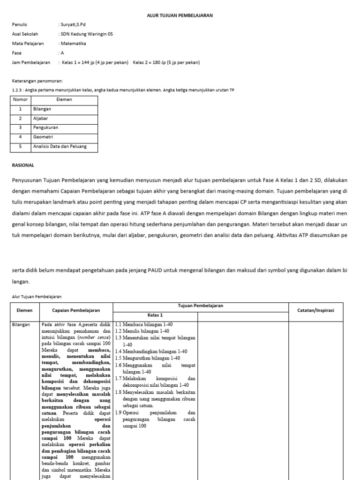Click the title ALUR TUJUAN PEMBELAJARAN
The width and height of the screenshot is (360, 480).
click(180, 15)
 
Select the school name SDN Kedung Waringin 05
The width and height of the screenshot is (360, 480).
click(86, 34)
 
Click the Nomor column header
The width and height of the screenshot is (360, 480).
click(20, 100)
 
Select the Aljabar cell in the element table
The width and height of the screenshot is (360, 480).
click(41, 118)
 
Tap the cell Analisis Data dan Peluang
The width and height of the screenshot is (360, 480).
click(59, 147)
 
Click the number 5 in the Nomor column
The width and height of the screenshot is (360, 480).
click(20, 147)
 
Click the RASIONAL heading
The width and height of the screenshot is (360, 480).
click(22, 165)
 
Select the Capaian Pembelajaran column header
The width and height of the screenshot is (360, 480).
click(76, 310)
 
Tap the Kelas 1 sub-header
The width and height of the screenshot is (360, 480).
click(155, 315)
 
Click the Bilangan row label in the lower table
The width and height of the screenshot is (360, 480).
click(21, 324)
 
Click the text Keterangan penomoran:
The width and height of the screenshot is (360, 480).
click(37, 81)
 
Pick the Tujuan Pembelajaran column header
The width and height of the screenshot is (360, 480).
click(201, 306)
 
